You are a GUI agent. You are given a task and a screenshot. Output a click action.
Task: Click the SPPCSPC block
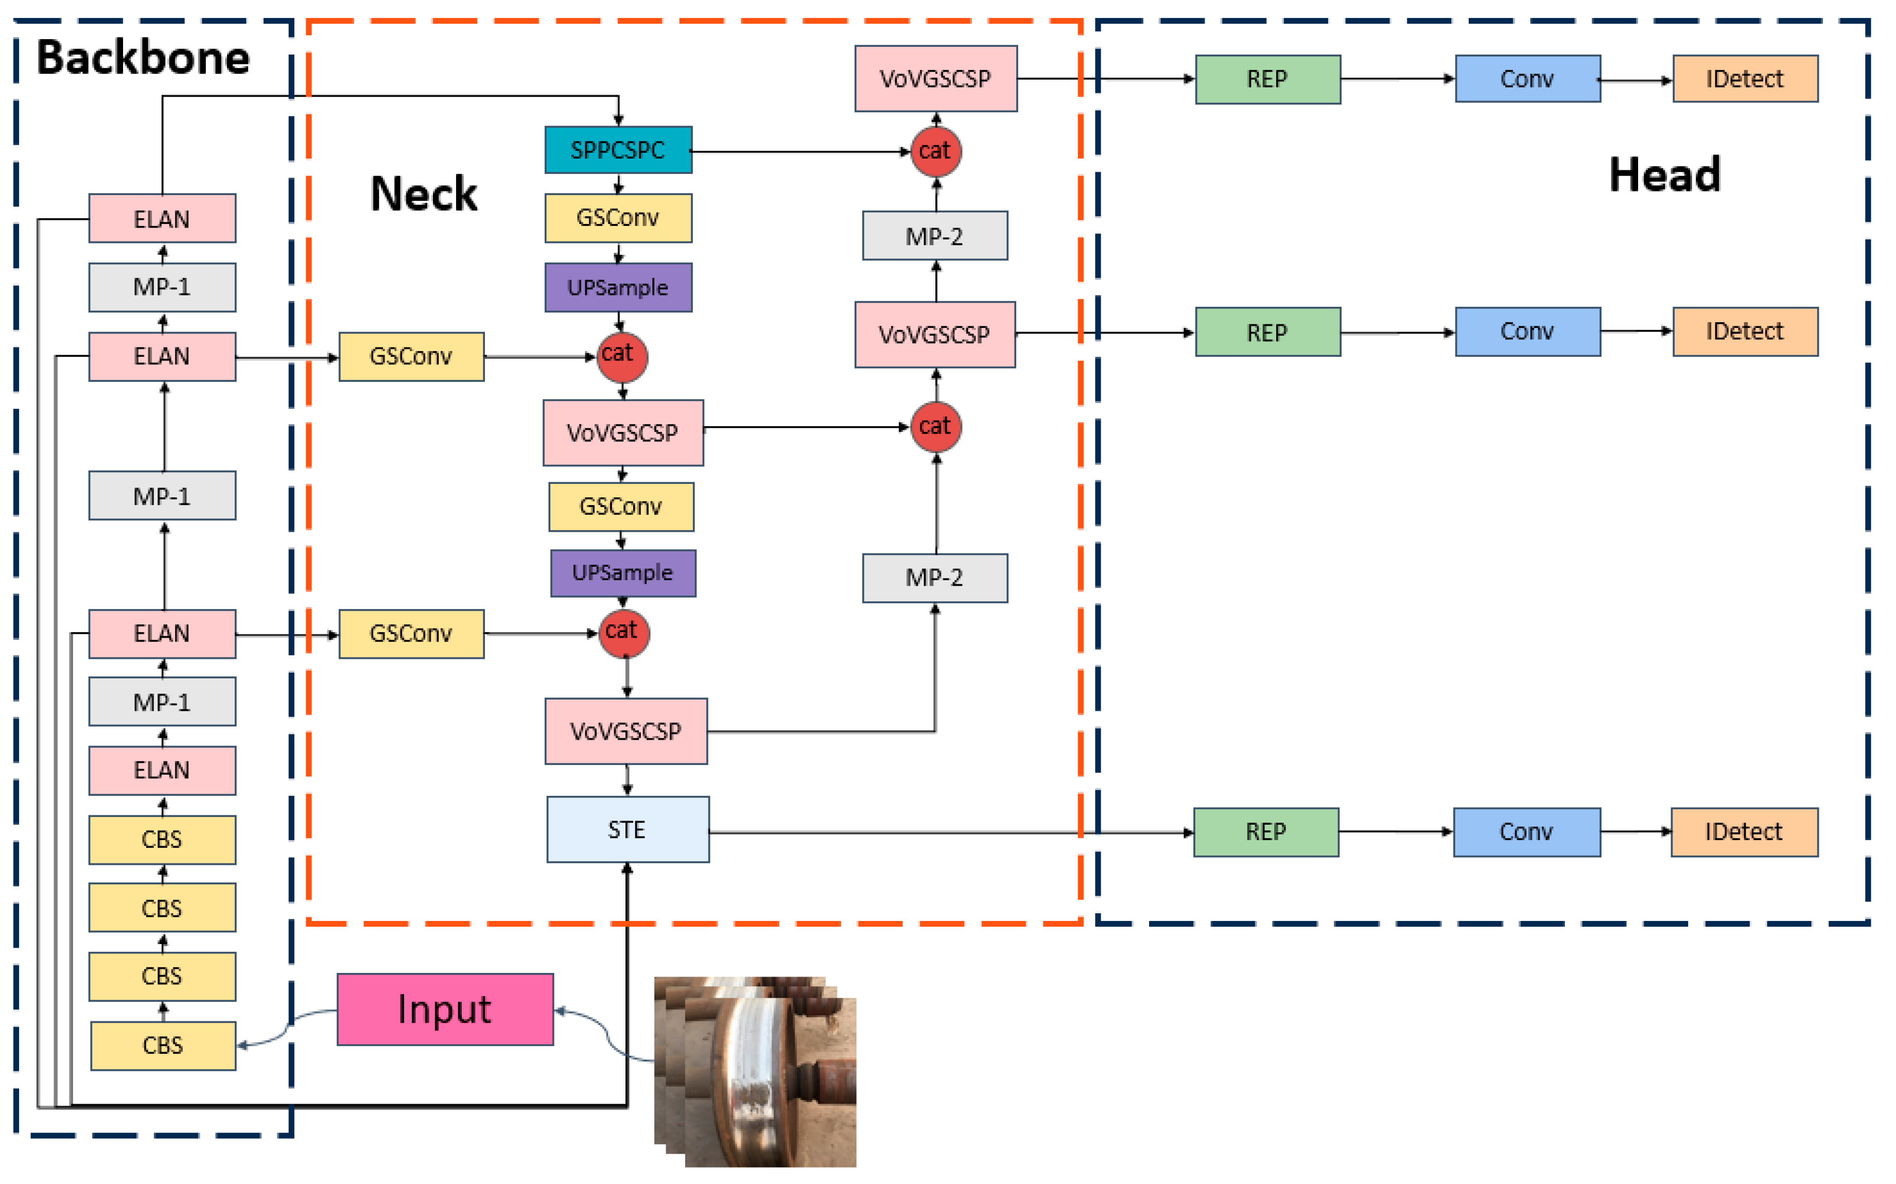618,150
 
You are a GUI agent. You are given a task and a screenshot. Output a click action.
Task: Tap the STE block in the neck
628,829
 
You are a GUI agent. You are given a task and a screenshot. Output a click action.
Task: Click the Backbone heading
143,58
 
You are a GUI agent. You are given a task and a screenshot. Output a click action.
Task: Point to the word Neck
424,194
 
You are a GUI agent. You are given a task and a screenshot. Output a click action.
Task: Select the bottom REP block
1265,831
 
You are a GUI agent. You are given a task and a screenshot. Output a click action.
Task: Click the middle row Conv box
1527,331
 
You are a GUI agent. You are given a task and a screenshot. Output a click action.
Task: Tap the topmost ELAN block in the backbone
162,218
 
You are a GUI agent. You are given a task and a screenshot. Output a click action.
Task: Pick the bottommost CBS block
163,1046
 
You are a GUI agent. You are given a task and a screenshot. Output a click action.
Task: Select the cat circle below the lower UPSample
623,633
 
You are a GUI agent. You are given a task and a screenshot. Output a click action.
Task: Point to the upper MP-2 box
934,236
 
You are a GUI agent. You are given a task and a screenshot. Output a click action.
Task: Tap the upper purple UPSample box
618,287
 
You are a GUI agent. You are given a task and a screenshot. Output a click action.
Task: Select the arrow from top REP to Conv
1397,78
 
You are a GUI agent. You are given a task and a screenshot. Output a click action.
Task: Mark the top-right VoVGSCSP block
935,78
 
